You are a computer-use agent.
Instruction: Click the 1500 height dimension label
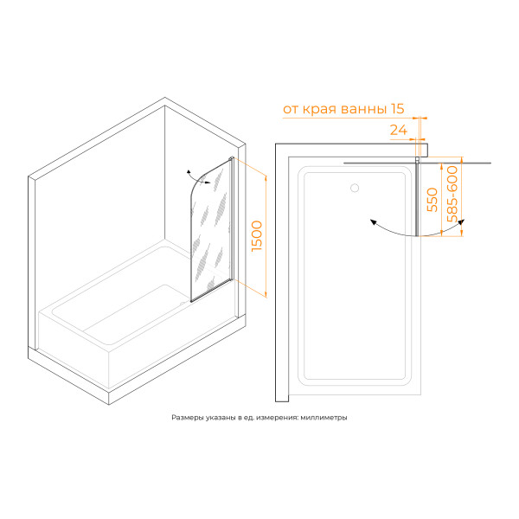click(x=257, y=236)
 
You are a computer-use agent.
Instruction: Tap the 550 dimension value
click(x=432, y=200)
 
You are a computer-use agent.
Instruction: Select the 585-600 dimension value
click(x=452, y=194)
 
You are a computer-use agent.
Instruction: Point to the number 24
click(x=399, y=130)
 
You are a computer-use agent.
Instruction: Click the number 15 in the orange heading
click(x=398, y=109)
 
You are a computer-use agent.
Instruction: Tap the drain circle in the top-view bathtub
click(x=355, y=188)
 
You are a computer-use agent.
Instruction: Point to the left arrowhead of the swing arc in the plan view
click(x=374, y=222)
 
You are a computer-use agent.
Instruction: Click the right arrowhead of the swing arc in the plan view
click(x=461, y=221)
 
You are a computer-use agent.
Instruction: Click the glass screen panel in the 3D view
click(x=210, y=232)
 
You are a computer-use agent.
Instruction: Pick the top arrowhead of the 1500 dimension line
click(x=266, y=178)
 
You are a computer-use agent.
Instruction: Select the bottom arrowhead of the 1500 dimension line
click(x=266, y=294)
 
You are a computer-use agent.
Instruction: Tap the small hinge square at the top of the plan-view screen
click(x=418, y=159)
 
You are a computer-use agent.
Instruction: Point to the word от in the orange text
click(x=291, y=110)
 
